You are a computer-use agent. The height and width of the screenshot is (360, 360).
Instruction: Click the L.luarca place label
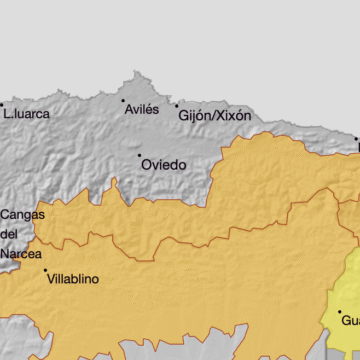tap(28, 113)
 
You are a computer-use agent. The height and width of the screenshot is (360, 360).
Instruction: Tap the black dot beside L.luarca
tap(2, 105)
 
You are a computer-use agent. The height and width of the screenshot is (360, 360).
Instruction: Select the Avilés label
tap(141, 110)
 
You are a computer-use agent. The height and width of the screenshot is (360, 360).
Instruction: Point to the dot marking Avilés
tap(124, 100)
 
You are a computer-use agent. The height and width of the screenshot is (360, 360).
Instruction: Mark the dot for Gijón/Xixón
tap(177, 105)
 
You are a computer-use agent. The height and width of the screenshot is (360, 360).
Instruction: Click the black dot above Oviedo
tap(140, 155)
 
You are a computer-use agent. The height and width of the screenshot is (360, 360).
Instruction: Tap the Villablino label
tap(73, 280)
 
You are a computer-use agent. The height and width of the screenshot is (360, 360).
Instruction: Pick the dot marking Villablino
tap(46, 271)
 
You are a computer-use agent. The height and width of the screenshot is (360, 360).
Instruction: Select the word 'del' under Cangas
tap(10, 234)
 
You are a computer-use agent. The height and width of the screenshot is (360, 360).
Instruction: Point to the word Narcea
tap(20, 254)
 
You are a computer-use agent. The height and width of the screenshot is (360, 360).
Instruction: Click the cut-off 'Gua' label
tap(350, 321)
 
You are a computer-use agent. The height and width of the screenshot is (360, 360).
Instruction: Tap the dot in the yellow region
tap(340, 312)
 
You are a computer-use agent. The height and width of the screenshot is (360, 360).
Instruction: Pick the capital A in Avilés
tap(127, 110)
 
